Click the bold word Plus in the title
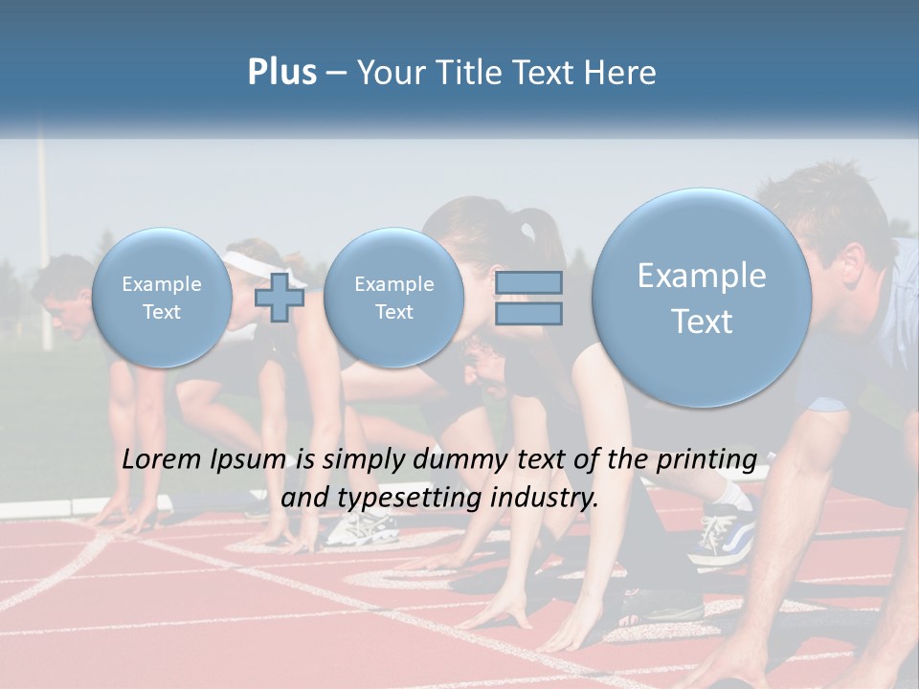click(281, 73)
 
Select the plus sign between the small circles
click(280, 298)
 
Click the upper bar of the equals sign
click(527, 282)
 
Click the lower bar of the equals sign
click(527, 314)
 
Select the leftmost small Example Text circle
click(162, 298)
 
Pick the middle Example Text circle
click(393, 298)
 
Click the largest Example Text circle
click(702, 299)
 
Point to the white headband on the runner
click(253, 259)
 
